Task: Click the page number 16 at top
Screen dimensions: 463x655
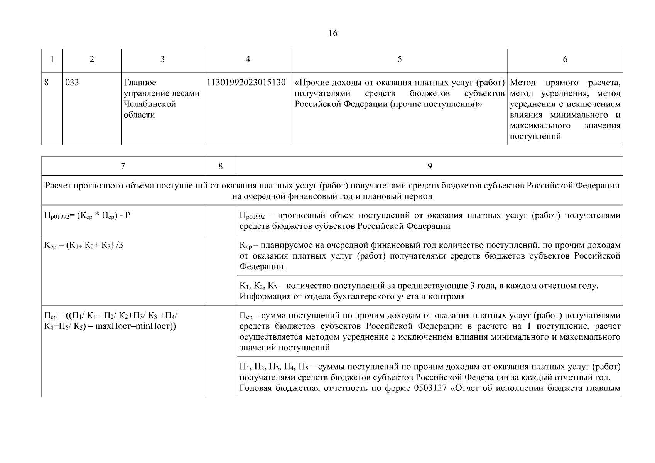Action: click(x=333, y=34)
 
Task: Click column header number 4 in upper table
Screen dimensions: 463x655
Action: click(x=248, y=59)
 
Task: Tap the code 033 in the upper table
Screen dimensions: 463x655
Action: click(x=72, y=83)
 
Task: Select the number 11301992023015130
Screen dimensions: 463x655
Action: click(x=246, y=83)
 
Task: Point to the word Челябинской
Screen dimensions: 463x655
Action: click(x=150, y=104)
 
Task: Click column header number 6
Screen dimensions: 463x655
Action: click(x=565, y=59)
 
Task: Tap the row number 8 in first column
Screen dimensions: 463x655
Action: click(x=47, y=83)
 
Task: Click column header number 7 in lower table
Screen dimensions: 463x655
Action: click(x=123, y=166)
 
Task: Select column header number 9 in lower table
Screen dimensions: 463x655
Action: click(x=430, y=166)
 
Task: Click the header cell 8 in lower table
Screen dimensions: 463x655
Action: click(x=220, y=166)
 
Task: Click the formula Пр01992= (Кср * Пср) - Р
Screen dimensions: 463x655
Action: click(x=88, y=215)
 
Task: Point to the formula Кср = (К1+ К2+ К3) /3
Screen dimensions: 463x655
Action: click(x=84, y=245)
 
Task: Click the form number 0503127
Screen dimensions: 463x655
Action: click(x=429, y=388)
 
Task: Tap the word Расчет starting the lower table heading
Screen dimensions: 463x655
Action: click(x=58, y=186)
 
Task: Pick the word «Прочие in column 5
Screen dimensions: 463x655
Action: click(x=309, y=83)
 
